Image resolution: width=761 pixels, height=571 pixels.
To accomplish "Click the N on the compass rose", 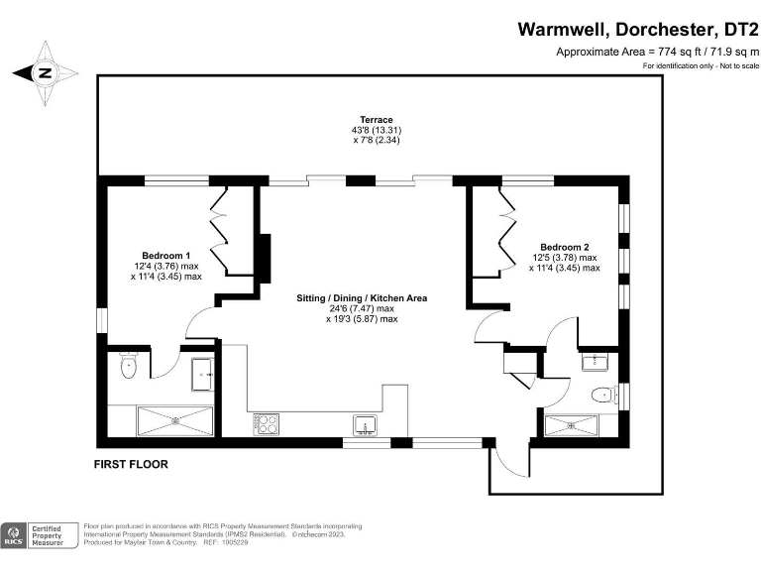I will pos(45,72).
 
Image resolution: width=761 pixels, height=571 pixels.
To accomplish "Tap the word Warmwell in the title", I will pos(562,29).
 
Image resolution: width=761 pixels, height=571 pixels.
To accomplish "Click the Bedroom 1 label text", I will pos(165,255).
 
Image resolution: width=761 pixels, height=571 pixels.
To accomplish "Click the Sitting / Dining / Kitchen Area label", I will pos(362,297).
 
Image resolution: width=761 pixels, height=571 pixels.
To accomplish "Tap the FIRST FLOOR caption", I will pos(131,464).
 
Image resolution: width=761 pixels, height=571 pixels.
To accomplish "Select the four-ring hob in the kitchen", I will pos(267,424).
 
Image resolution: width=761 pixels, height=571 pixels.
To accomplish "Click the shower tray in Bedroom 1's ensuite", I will pos(175,419).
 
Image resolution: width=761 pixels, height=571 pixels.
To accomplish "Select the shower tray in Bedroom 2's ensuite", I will pos(573,426).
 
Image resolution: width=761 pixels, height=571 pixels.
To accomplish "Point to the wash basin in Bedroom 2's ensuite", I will pos(599,359).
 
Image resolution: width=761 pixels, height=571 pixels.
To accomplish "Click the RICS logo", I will pos(15,536).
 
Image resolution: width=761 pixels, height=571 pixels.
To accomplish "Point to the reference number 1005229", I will pos(235,544).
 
